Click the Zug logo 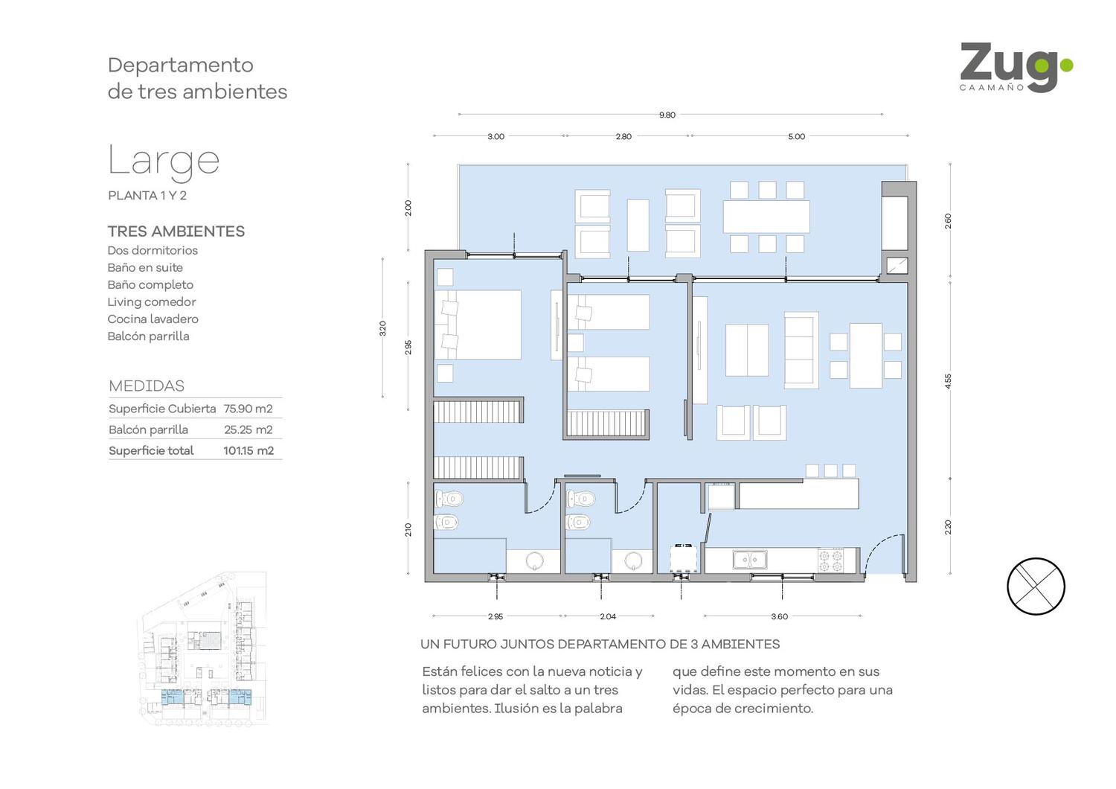(x=1016, y=68)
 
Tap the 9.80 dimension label (x=667, y=115)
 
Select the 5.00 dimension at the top (x=797, y=136)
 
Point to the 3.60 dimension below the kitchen (x=780, y=616)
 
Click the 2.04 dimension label (x=608, y=616)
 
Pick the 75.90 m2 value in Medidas (x=248, y=409)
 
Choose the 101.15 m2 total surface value (x=248, y=450)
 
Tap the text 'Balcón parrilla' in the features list (x=149, y=336)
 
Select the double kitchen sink (x=749, y=559)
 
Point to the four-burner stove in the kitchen (x=831, y=560)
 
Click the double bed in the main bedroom (x=478, y=325)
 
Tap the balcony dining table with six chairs (x=766, y=217)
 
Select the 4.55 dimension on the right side (x=948, y=381)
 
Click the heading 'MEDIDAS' (x=147, y=386)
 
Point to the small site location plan (x=202, y=648)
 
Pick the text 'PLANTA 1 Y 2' (x=147, y=195)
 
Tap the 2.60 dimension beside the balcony (x=948, y=221)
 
